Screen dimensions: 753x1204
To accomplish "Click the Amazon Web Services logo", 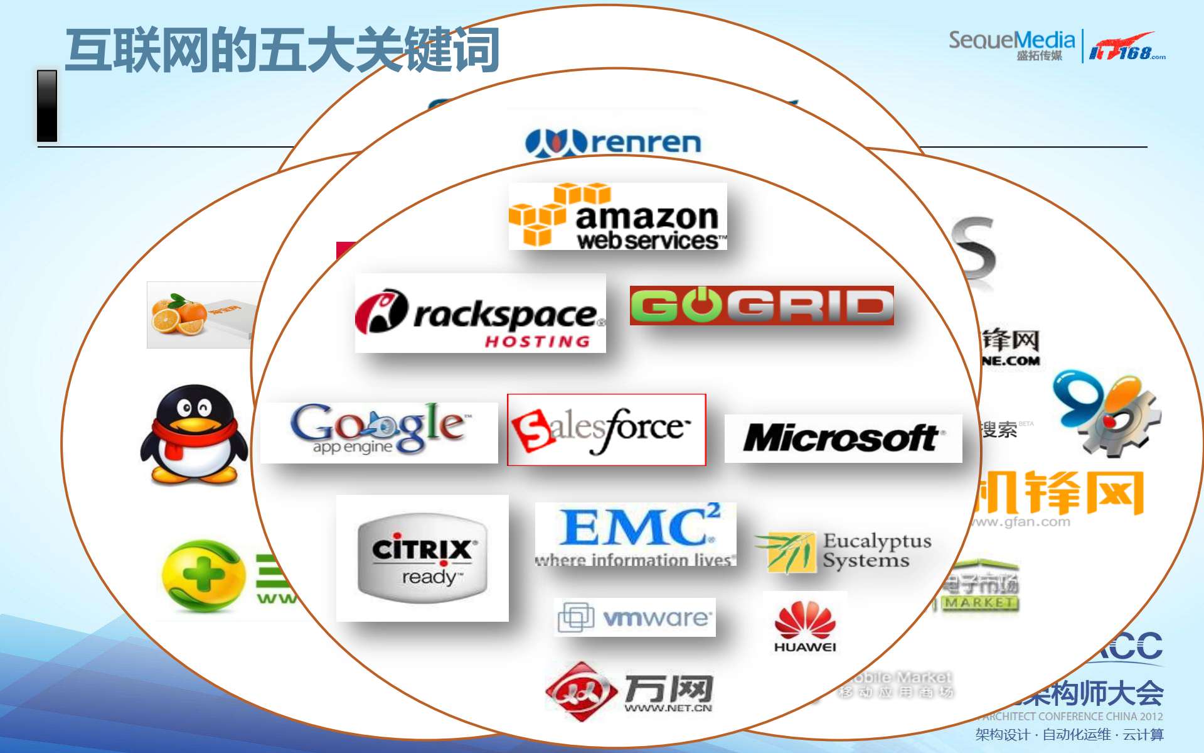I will (x=617, y=217).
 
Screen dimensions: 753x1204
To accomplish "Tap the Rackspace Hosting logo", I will (x=480, y=313).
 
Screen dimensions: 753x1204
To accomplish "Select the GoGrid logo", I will (x=762, y=306).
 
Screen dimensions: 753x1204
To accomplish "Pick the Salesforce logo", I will (x=606, y=430).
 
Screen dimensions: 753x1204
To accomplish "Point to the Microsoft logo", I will (x=843, y=438).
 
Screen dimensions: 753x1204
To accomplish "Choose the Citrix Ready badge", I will (x=422, y=558).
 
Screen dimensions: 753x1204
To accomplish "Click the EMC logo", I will (x=636, y=534).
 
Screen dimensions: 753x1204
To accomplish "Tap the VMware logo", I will (x=635, y=617).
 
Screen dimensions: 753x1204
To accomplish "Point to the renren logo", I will (x=613, y=143).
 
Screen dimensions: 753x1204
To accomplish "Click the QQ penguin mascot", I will (x=194, y=435).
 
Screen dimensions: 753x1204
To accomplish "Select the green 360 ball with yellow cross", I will (x=202, y=575).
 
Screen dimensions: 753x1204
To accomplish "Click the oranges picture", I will (x=180, y=314).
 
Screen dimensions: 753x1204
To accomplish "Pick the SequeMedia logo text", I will (x=1011, y=41).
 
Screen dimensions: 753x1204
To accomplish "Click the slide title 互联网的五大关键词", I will (x=282, y=50).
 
